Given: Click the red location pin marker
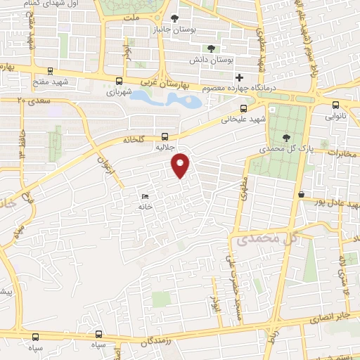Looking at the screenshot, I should tap(181, 164).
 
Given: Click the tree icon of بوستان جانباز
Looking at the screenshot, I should tap(175, 18).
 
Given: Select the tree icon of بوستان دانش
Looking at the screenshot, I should tap(210, 49).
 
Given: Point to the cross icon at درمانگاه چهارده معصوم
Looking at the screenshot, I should tap(240, 77).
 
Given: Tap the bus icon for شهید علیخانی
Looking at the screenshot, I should tap(243, 108).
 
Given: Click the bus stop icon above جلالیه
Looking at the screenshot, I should tap(165, 137).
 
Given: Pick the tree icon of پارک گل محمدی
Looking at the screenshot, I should tap(285, 137).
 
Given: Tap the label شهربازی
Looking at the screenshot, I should tap(120, 92).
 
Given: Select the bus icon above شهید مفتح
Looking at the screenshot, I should tap(50, 71).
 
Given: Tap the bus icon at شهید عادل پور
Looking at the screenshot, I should tap(301, 194).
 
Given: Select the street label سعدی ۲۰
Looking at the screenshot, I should tap(31, 101).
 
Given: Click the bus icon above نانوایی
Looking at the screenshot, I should tap(335, 105).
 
